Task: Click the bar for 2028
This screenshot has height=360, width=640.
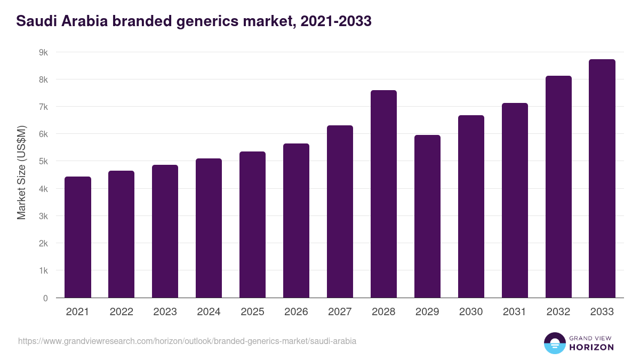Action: (383, 194)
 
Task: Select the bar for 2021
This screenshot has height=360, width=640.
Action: (78, 237)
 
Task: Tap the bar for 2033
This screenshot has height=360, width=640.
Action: (602, 179)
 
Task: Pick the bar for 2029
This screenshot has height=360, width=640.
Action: (427, 217)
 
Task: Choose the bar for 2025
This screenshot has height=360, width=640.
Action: (252, 225)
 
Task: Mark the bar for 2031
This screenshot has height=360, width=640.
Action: (515, 201)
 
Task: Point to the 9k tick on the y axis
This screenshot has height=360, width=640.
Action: (43, 52)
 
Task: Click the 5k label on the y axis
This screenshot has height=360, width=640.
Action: (43, 161)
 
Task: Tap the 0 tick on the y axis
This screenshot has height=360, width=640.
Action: (45, 298)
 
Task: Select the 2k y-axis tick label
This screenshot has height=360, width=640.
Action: (43, 243)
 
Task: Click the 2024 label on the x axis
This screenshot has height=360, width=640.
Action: (209, 312)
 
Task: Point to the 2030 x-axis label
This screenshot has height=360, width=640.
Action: (471, 312)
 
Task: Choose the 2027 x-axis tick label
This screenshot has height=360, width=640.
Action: (340, 312)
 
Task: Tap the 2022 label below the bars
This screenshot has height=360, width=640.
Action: (121, 312)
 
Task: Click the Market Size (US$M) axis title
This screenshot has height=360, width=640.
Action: (21, 172)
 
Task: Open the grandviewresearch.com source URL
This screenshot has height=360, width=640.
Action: (187, 341)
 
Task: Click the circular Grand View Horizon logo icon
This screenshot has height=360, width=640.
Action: (554, 343)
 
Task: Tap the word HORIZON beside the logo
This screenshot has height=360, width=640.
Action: (591, 347)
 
